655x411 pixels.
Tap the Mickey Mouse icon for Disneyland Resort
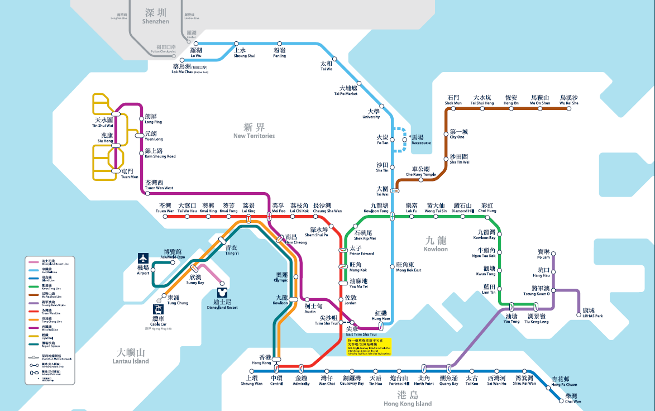(x=222, y=292)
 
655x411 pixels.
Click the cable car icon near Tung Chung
(x=159, y=309)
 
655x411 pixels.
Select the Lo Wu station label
(x=196, y=52)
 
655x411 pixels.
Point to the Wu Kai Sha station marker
(x=568, y=109)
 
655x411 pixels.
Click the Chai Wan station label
(x=572, y=398)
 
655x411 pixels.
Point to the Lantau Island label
(x=133, y=356)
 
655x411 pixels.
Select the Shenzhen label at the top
(x=156, y=16)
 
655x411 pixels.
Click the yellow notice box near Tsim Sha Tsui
(x=369, y=346)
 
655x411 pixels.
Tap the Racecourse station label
(x=422, y=140)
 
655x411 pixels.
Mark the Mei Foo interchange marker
(x=269, y=217)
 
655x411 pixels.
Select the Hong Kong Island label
(x=408, y=399)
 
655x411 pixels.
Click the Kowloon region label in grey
(x=436, y=244)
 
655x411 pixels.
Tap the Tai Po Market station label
(x=346, y=90)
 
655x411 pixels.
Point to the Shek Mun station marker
(x=453, y=109)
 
